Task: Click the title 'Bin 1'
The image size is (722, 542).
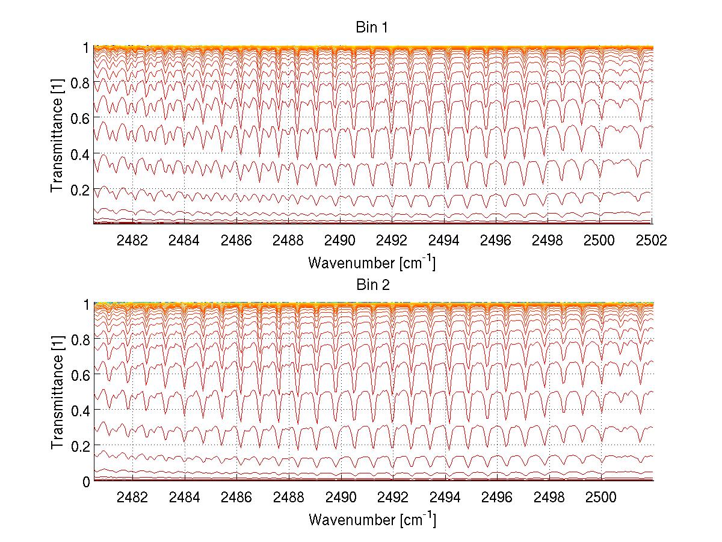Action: pyautogui.click(x=372, y=28)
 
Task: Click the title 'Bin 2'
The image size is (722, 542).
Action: pyautogui.click(x=372, y=285)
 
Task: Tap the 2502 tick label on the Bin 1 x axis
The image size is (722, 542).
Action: pyautogui.click(x=652, y=241)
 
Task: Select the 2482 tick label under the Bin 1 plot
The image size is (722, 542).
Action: pyautogui.click(x=132, y=241)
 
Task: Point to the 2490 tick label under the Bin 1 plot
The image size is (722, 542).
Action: pyautogui.click(x=340, y=241)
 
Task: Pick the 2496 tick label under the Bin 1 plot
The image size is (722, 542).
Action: pyautogui.click(x=496, y=241)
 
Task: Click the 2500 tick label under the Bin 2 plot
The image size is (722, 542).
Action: pyautogui.click(x=600, y=497)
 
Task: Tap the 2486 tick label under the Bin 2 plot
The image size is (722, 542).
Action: pyautogui.click(x=236, y=497)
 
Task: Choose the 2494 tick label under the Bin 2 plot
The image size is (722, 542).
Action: pyautogui.click(x=444, y=497)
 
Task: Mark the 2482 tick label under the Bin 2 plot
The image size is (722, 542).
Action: pyautogui.click(x=132, y=497)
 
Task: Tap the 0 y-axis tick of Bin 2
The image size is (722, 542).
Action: pyautogui.click(x=86, y=481)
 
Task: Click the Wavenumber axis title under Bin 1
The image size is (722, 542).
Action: pyautogui.click(x=372, y=262)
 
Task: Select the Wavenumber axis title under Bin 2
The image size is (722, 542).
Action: pyautogui.click(x=372, y=519)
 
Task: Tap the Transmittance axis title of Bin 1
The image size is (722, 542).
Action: pyautogui.click(x=57, y=135)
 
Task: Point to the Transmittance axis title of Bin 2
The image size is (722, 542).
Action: pyautogui.click(x=57, y=392)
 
